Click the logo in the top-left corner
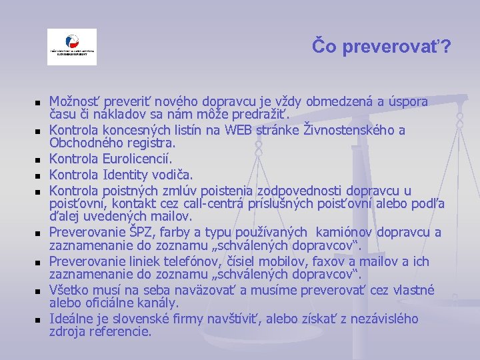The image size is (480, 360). point(71,47)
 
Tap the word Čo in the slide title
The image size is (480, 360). point(326,47)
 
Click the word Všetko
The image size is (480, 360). point(70,290)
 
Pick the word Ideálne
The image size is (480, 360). point(71,319)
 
